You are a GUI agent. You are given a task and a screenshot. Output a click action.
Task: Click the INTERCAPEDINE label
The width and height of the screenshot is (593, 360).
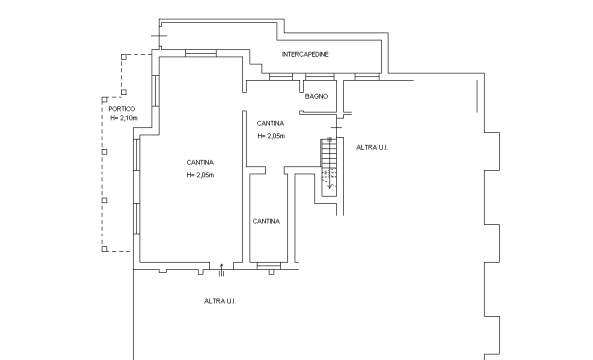[305, 54]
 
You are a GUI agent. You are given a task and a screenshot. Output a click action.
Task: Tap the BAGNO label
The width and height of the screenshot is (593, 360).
[317, 96]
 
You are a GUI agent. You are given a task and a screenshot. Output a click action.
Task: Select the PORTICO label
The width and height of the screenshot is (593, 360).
[122, 109]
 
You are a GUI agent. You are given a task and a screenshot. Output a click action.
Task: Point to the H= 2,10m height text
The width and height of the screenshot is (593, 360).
[124, 118]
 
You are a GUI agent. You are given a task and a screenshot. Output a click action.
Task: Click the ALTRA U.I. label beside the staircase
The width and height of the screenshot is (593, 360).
[372, 147]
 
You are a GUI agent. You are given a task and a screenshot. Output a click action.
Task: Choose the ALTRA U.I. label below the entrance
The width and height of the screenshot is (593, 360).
[220, 301]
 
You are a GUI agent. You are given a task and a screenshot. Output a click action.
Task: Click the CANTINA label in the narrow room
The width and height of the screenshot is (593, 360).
[266, 221]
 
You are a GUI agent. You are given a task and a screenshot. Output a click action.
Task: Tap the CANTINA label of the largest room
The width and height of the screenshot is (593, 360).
[200, 162]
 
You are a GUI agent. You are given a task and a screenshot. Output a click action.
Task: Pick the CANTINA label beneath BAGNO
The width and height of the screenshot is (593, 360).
[270, 123]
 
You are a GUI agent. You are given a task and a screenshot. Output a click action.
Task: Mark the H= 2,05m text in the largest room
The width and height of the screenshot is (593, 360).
[200, 175]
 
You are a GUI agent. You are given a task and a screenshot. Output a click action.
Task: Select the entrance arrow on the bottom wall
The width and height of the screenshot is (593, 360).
[222, 269]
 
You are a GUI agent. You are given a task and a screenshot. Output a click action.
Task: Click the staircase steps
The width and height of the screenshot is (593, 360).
[329, 167]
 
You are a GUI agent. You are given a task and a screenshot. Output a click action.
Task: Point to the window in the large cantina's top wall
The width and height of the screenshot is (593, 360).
[201, 53]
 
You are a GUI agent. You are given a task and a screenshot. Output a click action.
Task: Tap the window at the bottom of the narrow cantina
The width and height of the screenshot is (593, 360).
[269, 266]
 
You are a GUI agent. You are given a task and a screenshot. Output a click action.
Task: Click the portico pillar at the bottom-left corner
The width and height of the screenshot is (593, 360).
[104, 249]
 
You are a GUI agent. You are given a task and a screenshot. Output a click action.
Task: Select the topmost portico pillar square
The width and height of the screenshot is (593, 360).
[124, 57]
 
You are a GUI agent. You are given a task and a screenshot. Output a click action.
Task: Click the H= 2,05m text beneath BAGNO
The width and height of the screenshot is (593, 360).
[271, 136]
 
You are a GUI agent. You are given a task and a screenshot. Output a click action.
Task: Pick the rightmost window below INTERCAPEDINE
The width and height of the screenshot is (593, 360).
[367, 77]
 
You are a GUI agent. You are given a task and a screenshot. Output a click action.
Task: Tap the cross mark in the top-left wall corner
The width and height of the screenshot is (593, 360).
[159, 36]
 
